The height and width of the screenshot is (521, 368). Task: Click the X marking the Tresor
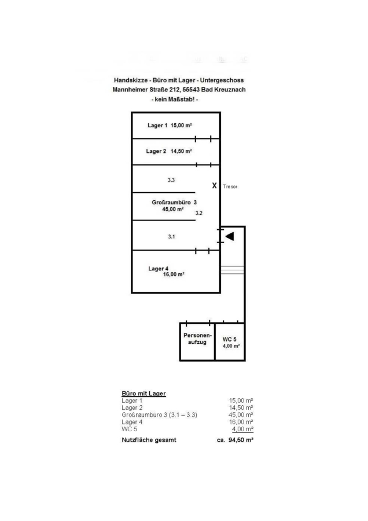[214, 186]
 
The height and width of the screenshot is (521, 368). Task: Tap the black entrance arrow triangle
[230, 236]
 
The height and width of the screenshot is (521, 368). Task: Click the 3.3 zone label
[171, 181]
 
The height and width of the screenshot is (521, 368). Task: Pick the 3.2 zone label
[199, 214]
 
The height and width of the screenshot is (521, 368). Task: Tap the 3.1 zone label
[171, 237]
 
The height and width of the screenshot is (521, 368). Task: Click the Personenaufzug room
[197, 339]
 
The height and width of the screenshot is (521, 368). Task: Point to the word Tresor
[230, 187]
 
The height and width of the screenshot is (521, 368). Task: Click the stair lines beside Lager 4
[232, 270]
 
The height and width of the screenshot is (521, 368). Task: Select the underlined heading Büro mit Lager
[143, 394]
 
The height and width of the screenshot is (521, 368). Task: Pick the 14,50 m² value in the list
[242, 408]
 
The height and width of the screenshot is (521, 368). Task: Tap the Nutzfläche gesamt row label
[149, 440]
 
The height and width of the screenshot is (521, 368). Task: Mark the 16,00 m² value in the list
[242, 422]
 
